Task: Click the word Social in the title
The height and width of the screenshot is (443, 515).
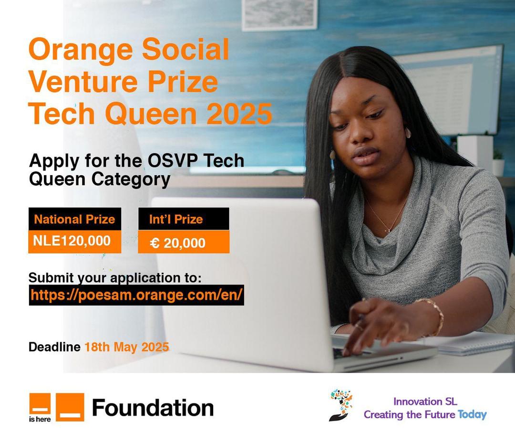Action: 185,49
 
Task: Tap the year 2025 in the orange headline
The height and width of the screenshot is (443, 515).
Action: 239,114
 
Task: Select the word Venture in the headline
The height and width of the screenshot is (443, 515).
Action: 83,81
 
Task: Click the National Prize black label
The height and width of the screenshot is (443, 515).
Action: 75,219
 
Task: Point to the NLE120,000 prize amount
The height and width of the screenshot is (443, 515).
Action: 72,241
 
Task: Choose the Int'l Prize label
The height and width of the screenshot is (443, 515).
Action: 176,219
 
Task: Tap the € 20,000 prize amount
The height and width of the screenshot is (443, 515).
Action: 178,243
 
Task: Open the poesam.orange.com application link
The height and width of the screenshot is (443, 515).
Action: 136,295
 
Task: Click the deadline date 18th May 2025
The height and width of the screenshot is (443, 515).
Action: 127,347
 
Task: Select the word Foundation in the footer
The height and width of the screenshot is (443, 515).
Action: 153,408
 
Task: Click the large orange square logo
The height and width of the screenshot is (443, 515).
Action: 70,407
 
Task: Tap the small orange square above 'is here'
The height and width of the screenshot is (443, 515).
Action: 40,403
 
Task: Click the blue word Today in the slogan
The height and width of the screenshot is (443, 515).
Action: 472,415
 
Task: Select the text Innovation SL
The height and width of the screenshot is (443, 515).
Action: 425,401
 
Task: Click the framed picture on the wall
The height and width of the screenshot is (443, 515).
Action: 279,14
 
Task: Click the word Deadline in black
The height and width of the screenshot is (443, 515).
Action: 54,347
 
